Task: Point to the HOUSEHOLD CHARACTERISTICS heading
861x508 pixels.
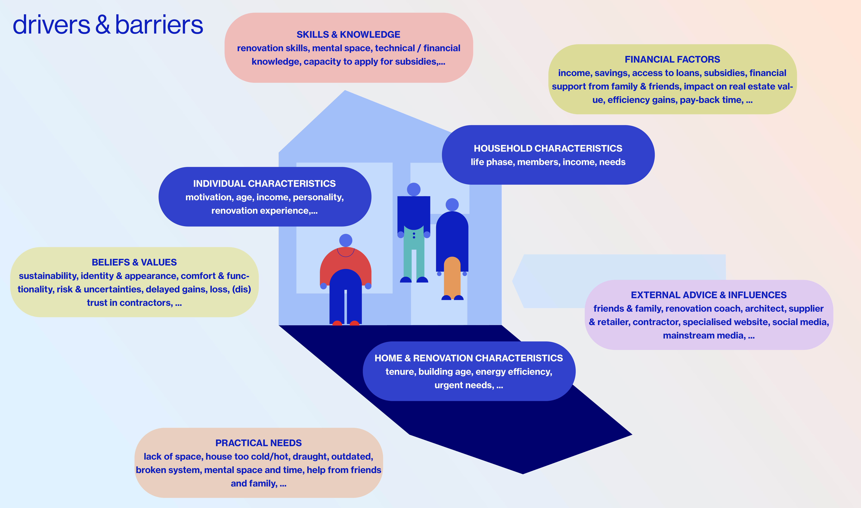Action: (x=548, y=149)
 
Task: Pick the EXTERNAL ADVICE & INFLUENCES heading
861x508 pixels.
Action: (x=708, y=295)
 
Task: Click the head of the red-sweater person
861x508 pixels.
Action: (x=345, y=240)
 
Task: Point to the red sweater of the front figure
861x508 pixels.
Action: (x=345, y=264)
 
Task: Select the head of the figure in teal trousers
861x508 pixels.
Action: (x=413, y=189)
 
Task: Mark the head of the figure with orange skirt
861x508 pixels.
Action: (x=452, y=205)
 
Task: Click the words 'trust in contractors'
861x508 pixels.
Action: (x=129, y=303)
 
